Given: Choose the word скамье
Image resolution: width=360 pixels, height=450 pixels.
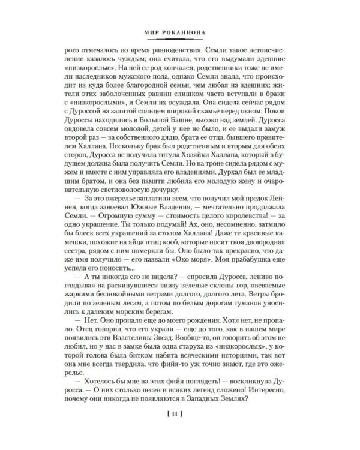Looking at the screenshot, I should tap(221, 125).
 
